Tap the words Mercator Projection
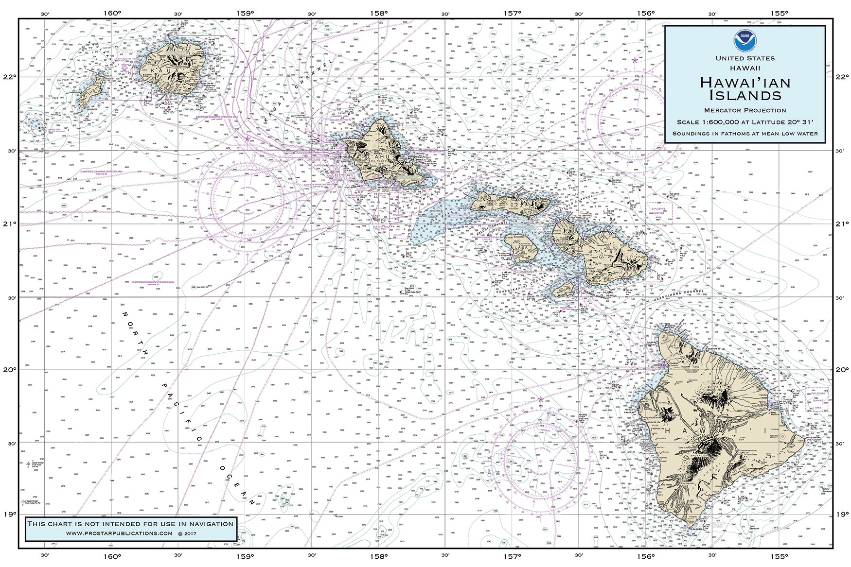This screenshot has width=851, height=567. click(745, 110)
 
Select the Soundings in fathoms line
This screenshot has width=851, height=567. click(745, 133)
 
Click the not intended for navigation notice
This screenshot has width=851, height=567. click(130, 524)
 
